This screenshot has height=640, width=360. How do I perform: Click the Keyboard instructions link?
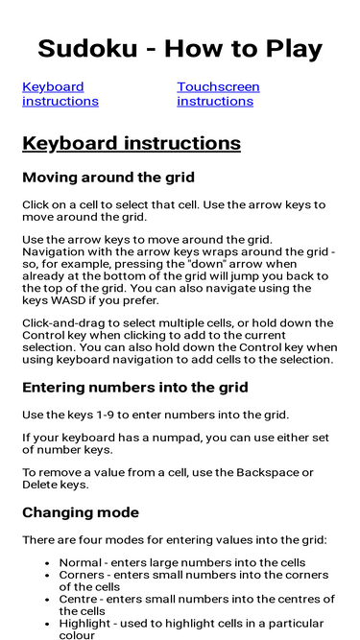click(x=60, y=94)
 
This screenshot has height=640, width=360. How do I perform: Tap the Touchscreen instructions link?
click(x=218, y=94)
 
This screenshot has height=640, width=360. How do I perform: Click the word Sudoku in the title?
click(x=87, y=49)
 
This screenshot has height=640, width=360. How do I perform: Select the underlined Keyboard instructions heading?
click(x=132, y=144)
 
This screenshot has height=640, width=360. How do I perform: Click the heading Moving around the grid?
click(x=108, y=178)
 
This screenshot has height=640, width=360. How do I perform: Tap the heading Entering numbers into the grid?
click(x=135, y=388)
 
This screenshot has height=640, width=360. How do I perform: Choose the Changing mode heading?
click(x=81, y=512)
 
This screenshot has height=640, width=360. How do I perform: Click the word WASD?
click(x=61, y=301)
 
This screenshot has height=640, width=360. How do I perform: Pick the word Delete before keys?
click(x=37, y=485)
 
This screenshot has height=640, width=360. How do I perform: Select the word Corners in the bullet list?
click(x=79, y=575)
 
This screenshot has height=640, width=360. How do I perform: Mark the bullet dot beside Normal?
click(x=48, y=563)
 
